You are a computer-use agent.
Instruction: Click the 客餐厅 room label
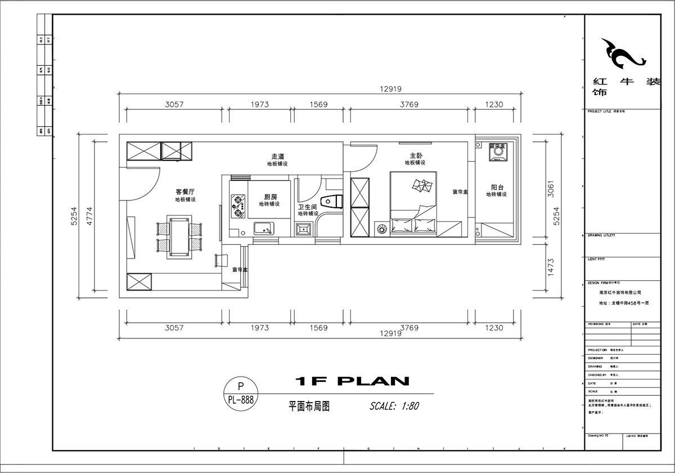[x=185, y=192]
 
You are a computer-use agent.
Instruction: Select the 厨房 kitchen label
[x=271, y=197]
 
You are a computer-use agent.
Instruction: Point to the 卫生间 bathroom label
[x=307, y=207]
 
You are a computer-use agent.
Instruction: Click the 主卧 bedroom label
[x=415, y=155]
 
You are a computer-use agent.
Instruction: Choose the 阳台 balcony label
[x=497, y=187]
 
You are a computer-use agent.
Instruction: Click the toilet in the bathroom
[x=331, y=201]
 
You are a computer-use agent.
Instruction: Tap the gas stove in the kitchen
[x=238, y=205]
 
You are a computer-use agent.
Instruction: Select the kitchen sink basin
[x=264, y=228]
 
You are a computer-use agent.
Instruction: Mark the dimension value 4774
[x=89, y=215]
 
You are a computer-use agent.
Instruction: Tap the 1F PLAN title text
[x=353, y=381]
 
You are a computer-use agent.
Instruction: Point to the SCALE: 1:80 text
[x=394, y=405]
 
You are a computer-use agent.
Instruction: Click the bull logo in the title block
[x=622, y=53]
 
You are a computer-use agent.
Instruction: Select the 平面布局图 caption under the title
[x=308, y=406]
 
